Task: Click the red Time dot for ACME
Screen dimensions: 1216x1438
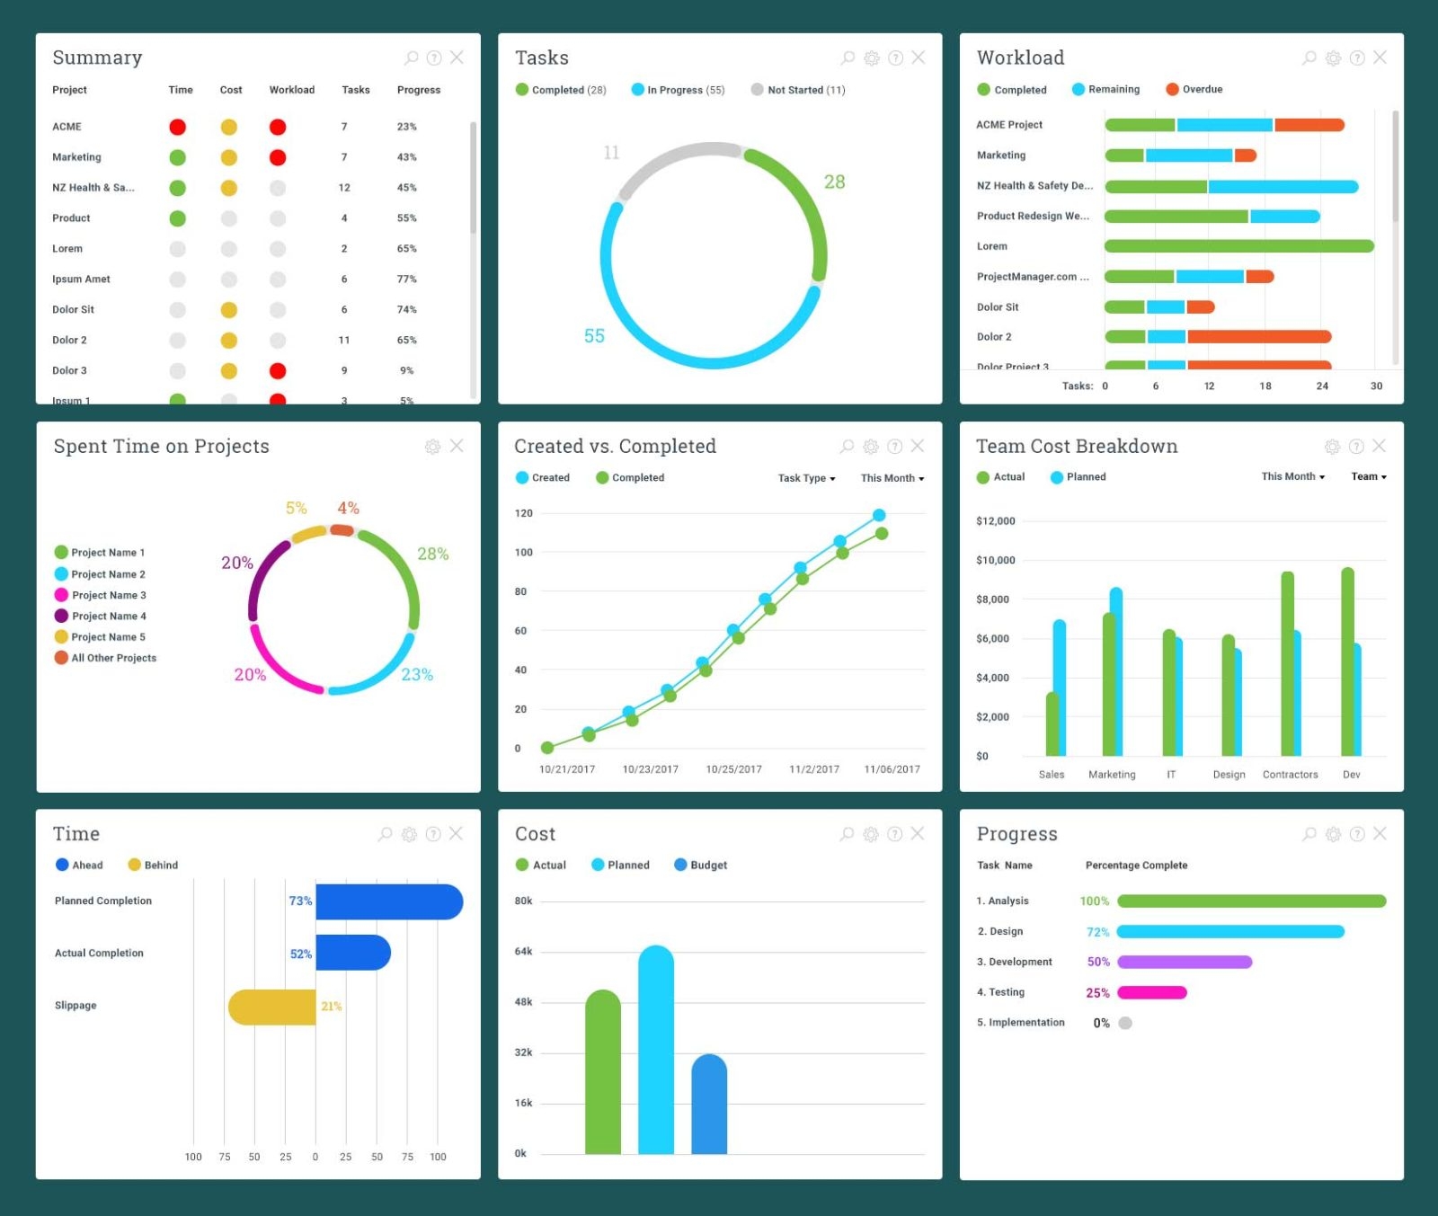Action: [x=177, y=127]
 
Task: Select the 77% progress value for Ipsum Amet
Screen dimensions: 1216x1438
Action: [x=406, y=280]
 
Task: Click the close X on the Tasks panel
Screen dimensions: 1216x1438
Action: [x=918, y=58]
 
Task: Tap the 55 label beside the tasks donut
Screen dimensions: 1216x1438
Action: [x=594, y=336]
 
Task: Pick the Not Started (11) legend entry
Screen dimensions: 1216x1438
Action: [x=798, y=90]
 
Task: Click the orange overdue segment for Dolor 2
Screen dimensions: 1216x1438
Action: [x=1258, y=337]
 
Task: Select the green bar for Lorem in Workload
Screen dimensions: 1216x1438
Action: [x=1238, y=246]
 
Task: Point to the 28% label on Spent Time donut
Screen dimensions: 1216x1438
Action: [x=432, y=554]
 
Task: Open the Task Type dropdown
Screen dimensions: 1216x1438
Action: [x=806, y=478]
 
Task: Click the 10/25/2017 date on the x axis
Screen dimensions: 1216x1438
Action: [x=733, y=769]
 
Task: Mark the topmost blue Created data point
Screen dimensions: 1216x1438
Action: [x=879, y=515]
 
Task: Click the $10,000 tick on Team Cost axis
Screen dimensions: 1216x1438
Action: [x=995, y=560]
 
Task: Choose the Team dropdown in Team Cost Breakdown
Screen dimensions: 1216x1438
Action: [x=1368, y=477]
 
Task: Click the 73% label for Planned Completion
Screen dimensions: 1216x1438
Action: [x=300, y=901]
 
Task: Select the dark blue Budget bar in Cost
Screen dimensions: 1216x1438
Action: [x=709, y=1105]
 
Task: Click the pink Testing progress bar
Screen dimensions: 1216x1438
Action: [x=1151, y=993]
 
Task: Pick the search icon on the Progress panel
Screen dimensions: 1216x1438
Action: [x=1309, y=834]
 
